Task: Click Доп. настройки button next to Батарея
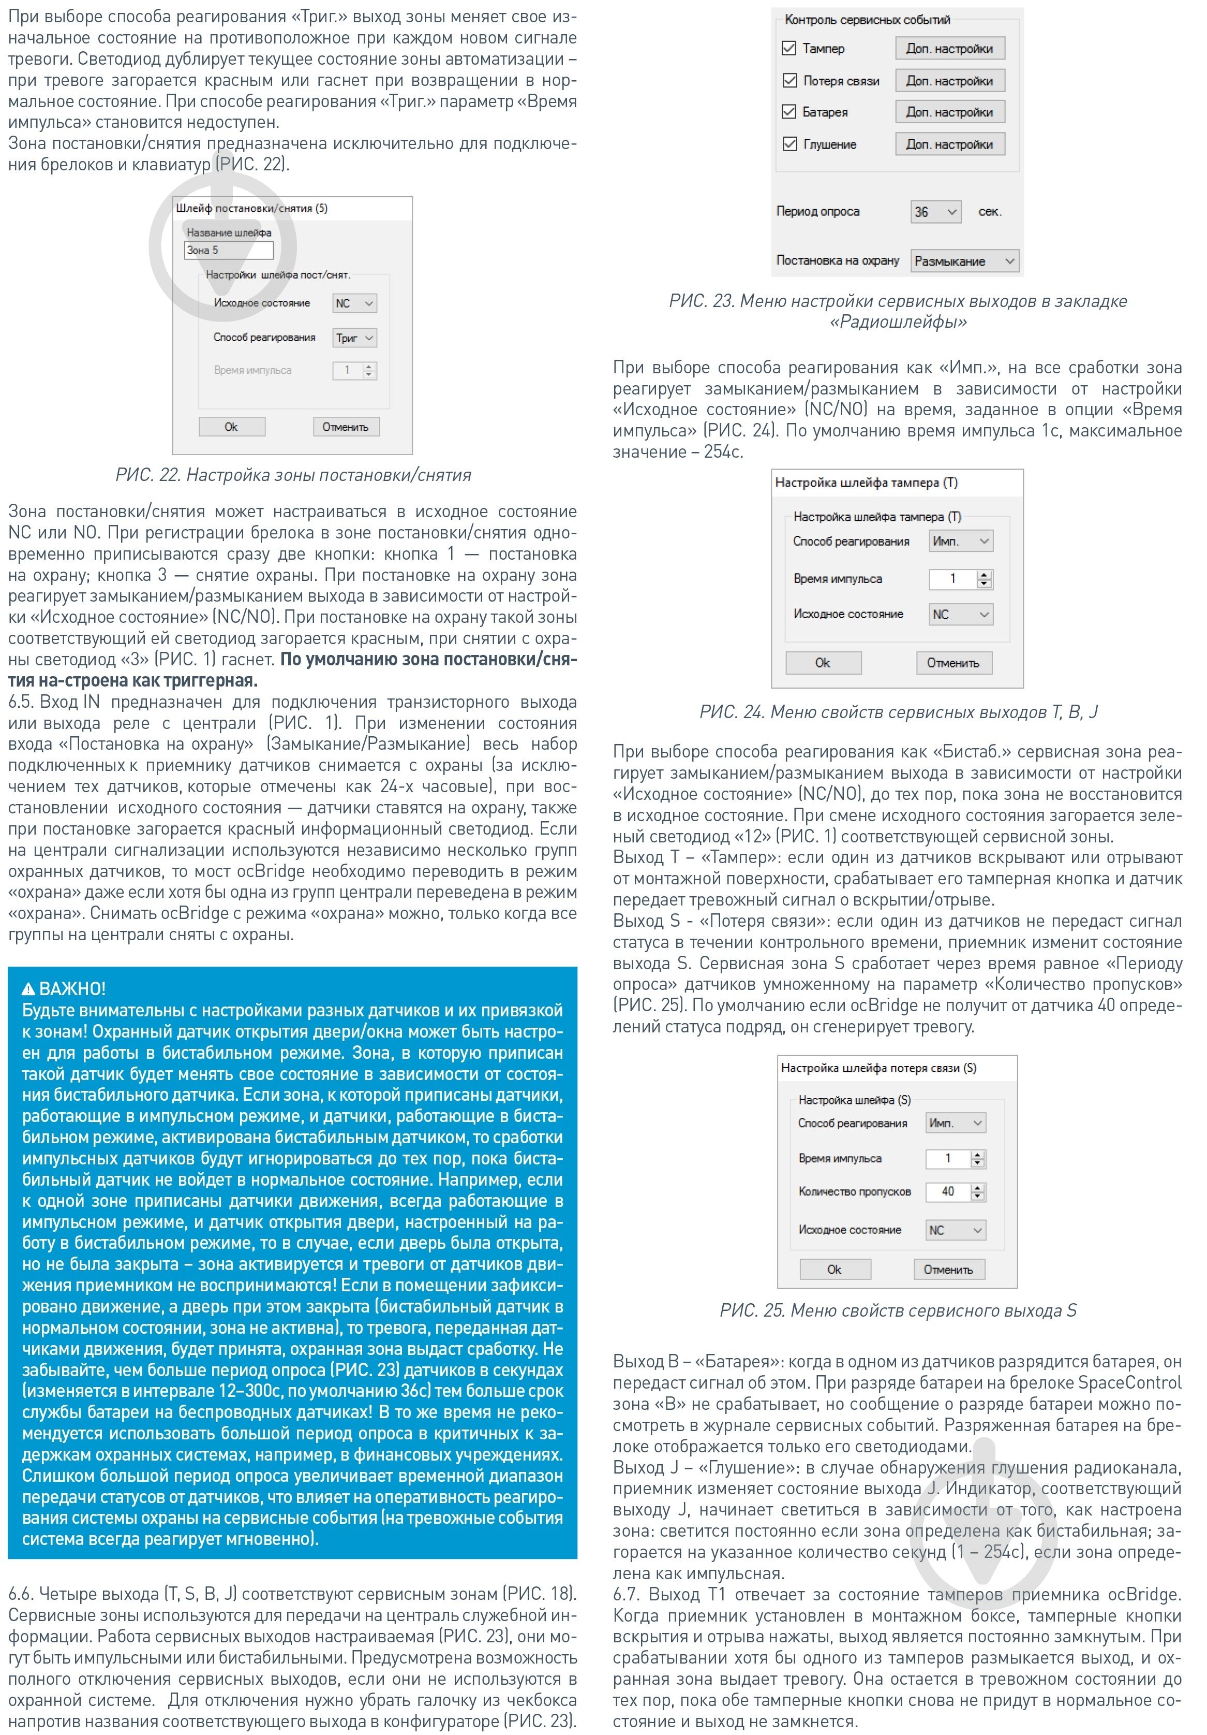pyautogui.click(x=949, y=112)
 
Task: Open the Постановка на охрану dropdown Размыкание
pyautogui.click(x=964, y=261)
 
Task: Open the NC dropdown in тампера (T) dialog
pyautogui.click(x=960, y=615)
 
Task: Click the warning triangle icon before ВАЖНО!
pyautogui.click(x=28, y=989)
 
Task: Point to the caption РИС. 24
pyautogui.click(x=898, y=712)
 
